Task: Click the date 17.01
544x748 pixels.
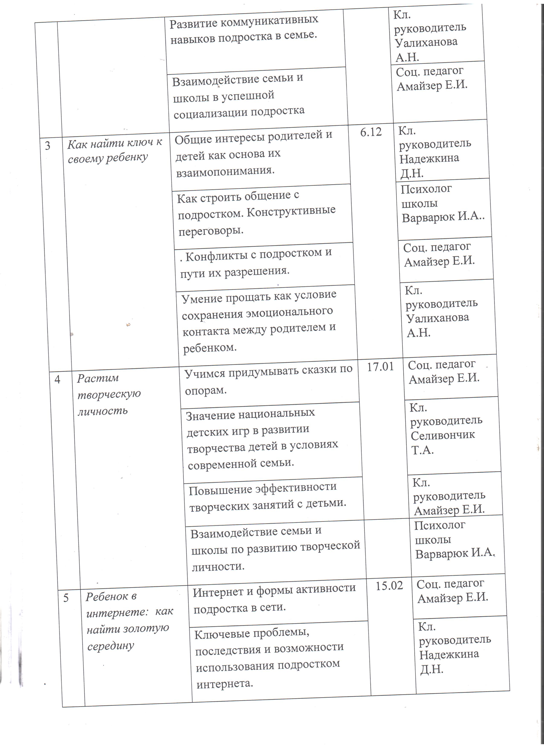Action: coord(380,367)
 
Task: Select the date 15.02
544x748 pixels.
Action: coord(389,585)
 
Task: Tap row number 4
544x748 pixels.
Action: coord(57,380)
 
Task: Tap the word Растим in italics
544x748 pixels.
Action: coord(98,378)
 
